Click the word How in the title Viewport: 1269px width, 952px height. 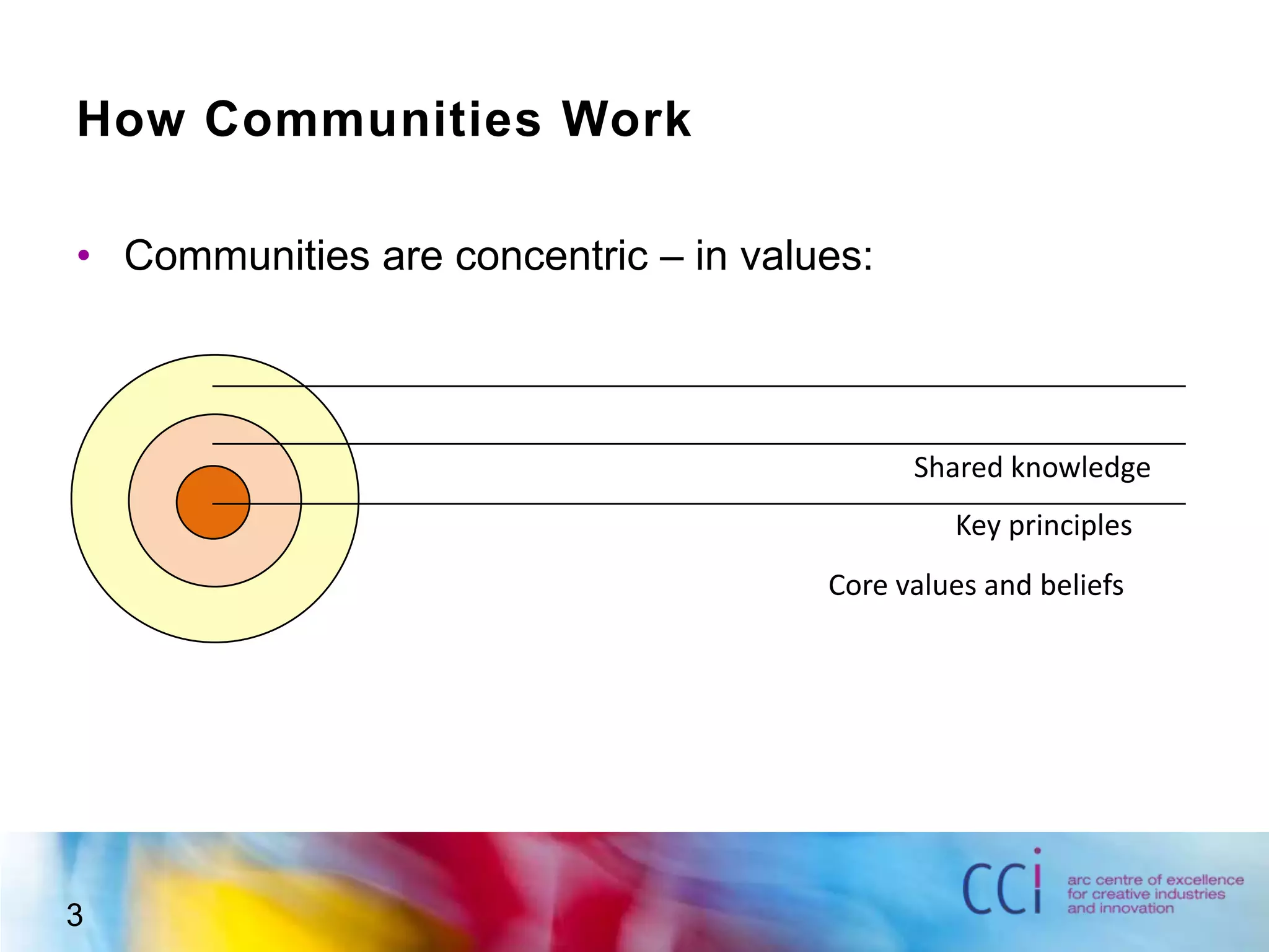click(131, 119)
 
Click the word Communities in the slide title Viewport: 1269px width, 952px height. click(373, 119)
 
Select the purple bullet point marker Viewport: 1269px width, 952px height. click(84, 255)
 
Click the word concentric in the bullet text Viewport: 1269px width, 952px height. click(551, 255)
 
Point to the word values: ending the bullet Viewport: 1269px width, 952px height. click(783, 255)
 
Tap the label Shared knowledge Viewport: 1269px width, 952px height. click(1032, 467)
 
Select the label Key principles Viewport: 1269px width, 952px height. click(1043, 526)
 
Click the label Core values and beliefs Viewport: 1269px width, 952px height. click(975, 585)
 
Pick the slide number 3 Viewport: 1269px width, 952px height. click(74, 915)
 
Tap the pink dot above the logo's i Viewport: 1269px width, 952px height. click(1037, 851)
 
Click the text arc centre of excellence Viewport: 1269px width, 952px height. click(1155, 880)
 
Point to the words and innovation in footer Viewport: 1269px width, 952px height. click(1120, 909)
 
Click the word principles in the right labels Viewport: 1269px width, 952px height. click(1070, 526)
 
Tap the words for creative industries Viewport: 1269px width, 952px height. click(1146, 894)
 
